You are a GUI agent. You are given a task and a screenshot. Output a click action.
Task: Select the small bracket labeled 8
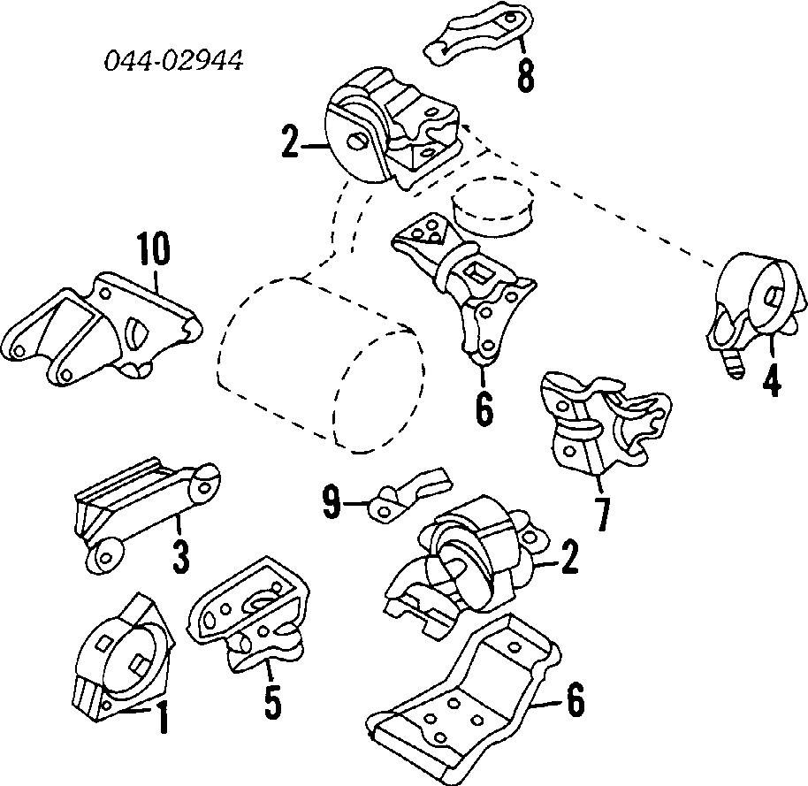pyautogui.click(x=477, y=34)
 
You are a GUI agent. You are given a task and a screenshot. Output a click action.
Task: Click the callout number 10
pyautogui.click(x=151, y=250)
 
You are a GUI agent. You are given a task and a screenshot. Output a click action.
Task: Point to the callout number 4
pyautogui.click(x=771, y=381)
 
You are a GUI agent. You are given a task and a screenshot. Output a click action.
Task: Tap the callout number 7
pyautogui.click(x=602, y=515)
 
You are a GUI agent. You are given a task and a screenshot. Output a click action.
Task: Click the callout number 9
pyautogui.click(x=331, y=505)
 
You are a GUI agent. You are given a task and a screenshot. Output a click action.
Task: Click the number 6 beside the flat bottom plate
pyautogui.click(x=574, y=703)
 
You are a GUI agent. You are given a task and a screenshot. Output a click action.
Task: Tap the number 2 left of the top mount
pyautogui.click(x=290, y=141)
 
